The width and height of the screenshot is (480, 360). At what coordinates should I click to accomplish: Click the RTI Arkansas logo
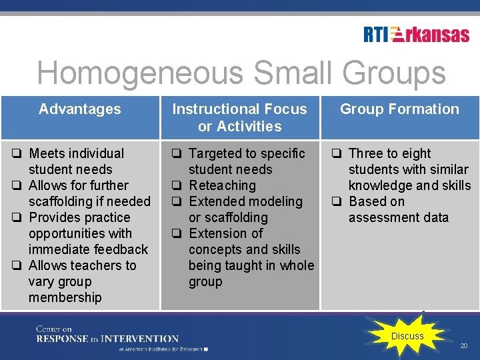416,35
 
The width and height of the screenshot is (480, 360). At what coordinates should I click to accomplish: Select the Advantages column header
80,109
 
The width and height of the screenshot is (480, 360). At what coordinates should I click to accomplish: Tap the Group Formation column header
399,109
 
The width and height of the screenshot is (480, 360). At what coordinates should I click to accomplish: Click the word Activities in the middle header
240,127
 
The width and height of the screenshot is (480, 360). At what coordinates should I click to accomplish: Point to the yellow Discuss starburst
407,335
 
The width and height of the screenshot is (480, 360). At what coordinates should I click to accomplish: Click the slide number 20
464,345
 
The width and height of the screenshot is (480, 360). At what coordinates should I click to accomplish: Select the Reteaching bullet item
222,186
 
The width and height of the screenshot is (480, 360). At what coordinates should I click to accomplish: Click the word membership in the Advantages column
65,298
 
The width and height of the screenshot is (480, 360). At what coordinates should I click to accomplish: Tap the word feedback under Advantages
121,250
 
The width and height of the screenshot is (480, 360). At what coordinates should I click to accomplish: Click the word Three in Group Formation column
365,154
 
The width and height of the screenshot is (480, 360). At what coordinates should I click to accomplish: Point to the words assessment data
399,218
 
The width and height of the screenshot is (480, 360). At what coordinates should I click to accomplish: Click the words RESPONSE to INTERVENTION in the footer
107,339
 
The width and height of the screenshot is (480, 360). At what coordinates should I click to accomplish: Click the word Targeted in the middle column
213,154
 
